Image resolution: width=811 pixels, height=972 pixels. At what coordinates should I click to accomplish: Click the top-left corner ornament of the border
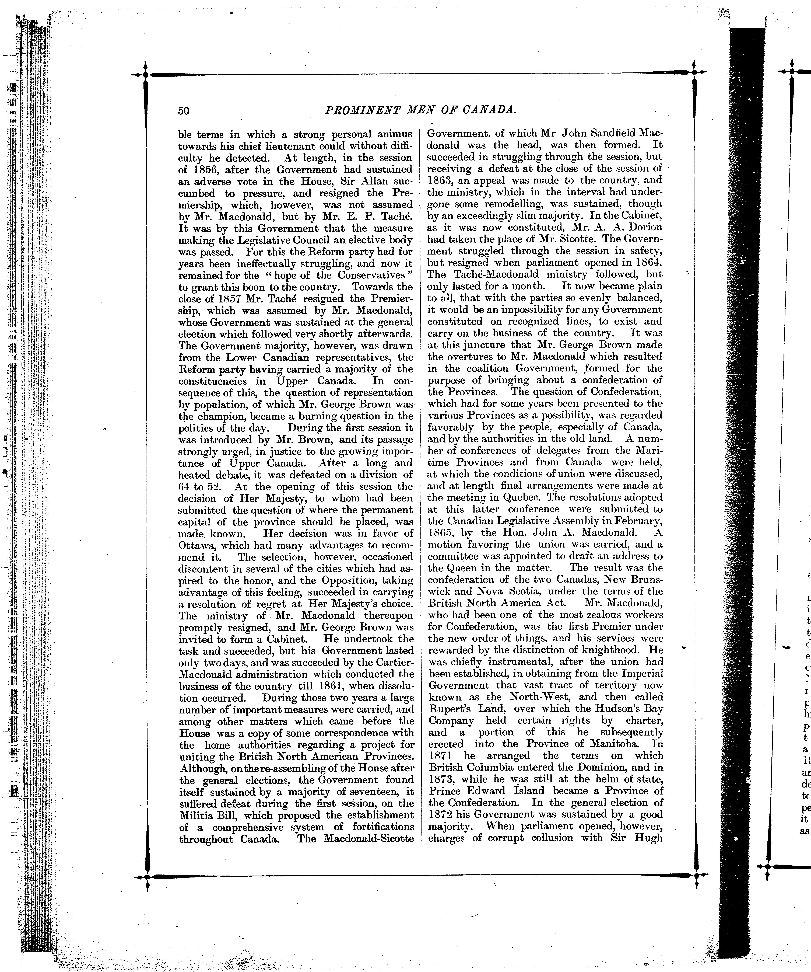coord(145,74)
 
